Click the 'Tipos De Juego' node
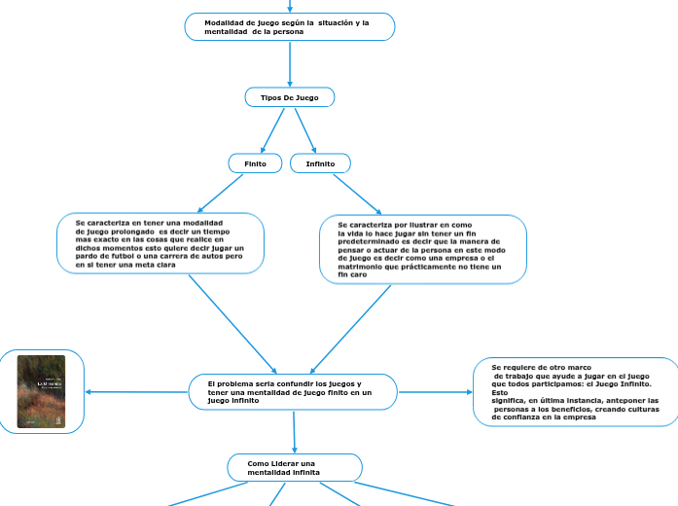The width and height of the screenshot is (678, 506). (x=289, y=97)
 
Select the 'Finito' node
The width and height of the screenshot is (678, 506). (x=255, y=163)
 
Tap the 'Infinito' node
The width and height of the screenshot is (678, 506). (x=320, y=163)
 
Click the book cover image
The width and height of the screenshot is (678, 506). (x=42, y=391)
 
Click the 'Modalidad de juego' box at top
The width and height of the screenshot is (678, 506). (x=289, y=27)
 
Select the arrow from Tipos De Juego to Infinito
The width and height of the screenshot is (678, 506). (x=305, y=129)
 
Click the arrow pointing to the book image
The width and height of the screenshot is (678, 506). (x=136, y=392)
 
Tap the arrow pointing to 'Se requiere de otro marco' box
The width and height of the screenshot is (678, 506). (x=436, y=392)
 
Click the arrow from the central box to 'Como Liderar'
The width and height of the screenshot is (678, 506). (x=294, y=430)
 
